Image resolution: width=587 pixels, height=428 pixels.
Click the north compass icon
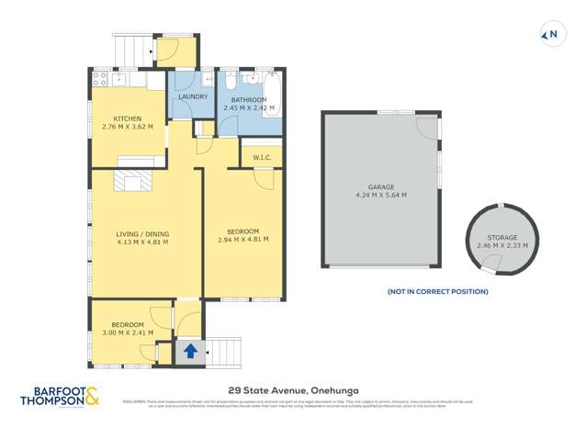click(x=550, y=36)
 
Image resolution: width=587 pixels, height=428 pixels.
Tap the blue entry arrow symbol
click(x=191, y=351)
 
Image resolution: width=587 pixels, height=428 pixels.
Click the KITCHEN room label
click(x=127, y=119)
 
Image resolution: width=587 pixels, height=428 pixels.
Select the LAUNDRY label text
click(x=193, y=96)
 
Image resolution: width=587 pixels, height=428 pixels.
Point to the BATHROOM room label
click(x=249, y=99)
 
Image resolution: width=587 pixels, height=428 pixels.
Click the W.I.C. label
click(x=261, y=158)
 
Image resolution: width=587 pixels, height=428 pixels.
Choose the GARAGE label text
click(x=380, y=186)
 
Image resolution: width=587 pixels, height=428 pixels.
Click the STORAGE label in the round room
click(x=497, y=238)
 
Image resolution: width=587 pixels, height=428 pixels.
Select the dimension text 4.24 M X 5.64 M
click(x=380, y=195)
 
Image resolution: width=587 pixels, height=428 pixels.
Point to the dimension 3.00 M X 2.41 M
click(x=127, y=333)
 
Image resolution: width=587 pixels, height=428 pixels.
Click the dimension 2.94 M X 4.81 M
click(x=243, y=240)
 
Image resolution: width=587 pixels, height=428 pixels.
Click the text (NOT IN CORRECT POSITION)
click(x=437, y=291)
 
